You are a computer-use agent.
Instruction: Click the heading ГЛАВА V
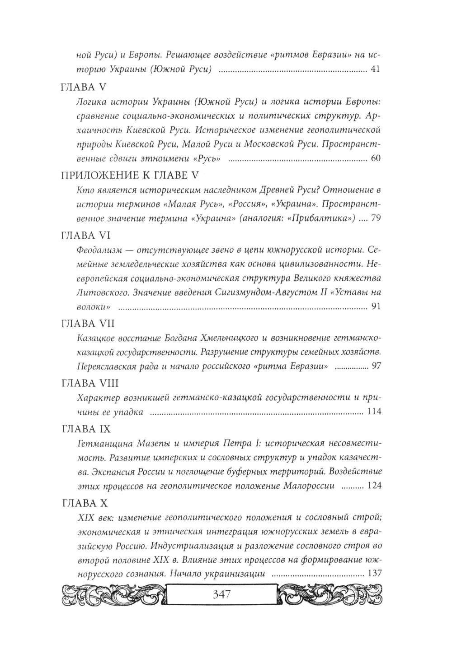[x=85, y=88]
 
